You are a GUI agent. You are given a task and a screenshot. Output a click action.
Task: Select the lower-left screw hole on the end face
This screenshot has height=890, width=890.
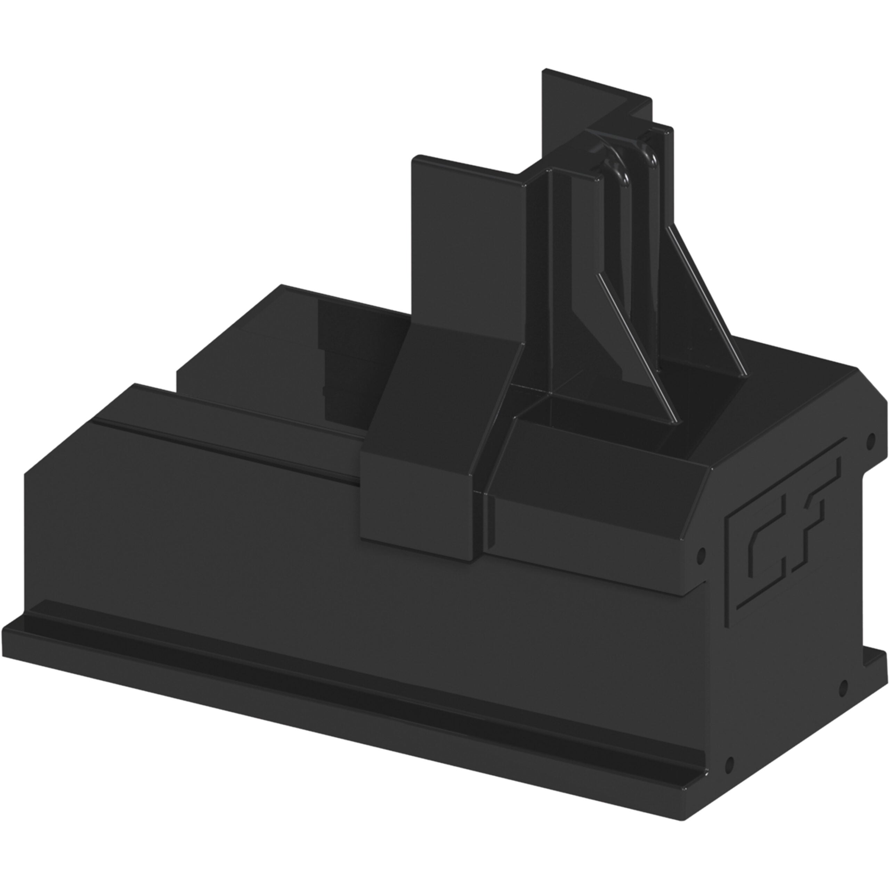(x=729, y=765)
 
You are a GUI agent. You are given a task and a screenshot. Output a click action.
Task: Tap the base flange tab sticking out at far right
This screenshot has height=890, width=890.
(x=873, y=668)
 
